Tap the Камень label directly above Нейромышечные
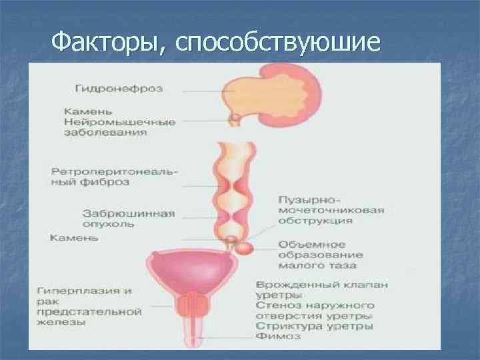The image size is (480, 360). (x=85, y=112)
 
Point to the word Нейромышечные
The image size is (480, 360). (x=120, y=123)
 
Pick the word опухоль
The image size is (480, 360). (x=108, y=224)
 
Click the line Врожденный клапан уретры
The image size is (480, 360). (x=321, y=289)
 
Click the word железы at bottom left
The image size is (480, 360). (x=61, y=322)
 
